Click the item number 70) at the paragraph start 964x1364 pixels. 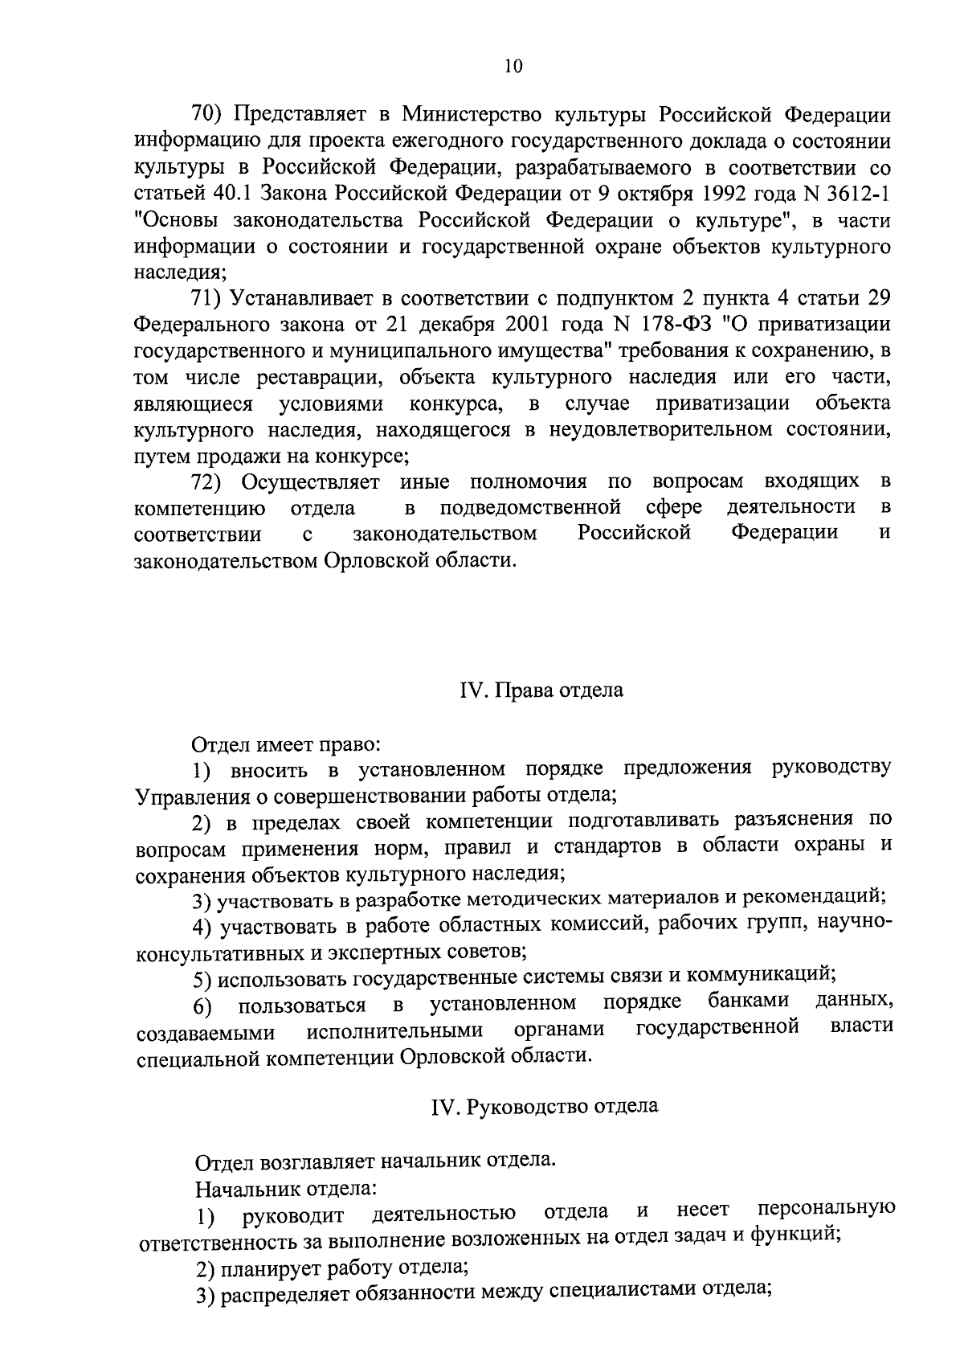(207, 114)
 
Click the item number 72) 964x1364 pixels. (207, 481)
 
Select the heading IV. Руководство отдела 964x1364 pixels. (544, 1106)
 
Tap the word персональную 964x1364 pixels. (827, 1210)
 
